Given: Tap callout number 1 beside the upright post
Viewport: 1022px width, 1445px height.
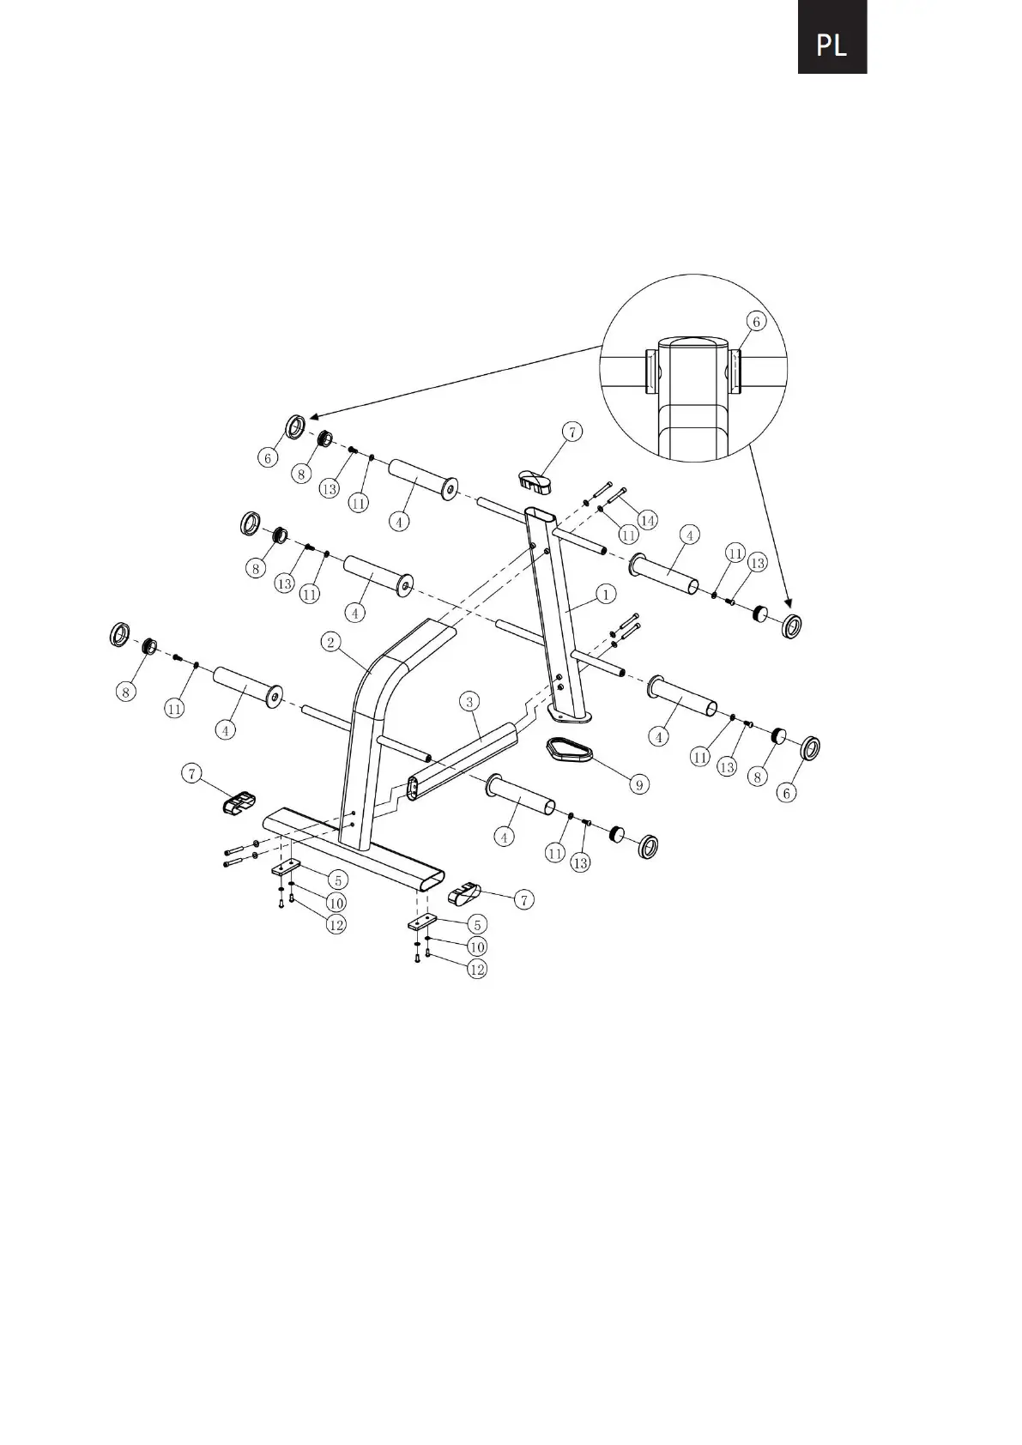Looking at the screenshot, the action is click(605, 594).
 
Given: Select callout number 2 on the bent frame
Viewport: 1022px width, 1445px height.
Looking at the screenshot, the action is click(331, 642).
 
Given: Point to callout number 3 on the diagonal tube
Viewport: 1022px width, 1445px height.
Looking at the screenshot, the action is click(469, 703).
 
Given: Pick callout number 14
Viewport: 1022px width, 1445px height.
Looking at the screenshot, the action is click(646, 520).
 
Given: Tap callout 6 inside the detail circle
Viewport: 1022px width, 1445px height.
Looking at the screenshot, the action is click(756, 322).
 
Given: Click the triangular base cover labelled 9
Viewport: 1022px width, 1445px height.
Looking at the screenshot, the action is click(569, 750).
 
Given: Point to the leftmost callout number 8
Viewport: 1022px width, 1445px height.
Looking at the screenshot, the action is click(126, 692).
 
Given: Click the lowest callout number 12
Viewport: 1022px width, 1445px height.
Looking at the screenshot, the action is click(476, 969).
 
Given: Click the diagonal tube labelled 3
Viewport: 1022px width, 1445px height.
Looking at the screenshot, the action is click(463, 759).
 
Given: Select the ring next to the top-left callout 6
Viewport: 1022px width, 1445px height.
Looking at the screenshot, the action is click(296, 426).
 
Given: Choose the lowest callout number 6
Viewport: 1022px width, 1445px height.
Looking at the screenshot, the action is click(787, 794).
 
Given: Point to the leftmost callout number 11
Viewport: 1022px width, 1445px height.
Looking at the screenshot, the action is click(174, 709).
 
